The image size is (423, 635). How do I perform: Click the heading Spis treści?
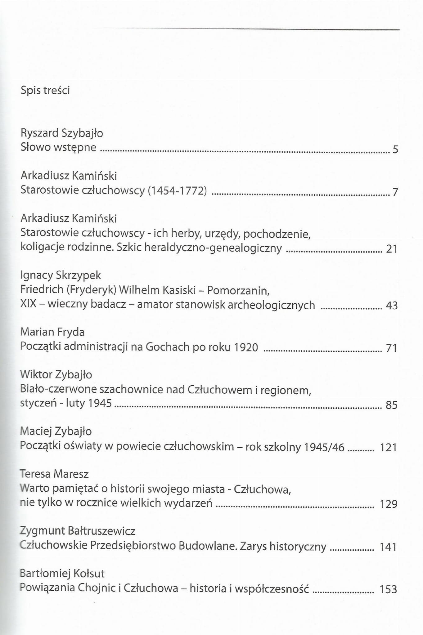[45, 90]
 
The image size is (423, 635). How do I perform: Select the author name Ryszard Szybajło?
[62, 133]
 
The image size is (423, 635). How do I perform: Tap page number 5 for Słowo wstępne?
[395, 150]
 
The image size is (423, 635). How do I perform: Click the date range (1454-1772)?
[177, 190]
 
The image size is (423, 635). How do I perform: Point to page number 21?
[392, 249]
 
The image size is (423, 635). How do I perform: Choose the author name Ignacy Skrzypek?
[61, 275]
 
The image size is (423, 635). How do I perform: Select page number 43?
[391, 306]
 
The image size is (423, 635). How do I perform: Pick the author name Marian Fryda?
[52, 332]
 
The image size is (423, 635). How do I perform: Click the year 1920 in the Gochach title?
[246, 347]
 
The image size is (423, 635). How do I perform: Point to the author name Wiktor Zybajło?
[56, 374]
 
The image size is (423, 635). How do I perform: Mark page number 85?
[391, 405]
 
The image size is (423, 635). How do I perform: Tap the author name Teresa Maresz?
[54, 474]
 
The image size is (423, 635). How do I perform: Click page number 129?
[389, 504]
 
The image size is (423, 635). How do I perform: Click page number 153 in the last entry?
[388, 589]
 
